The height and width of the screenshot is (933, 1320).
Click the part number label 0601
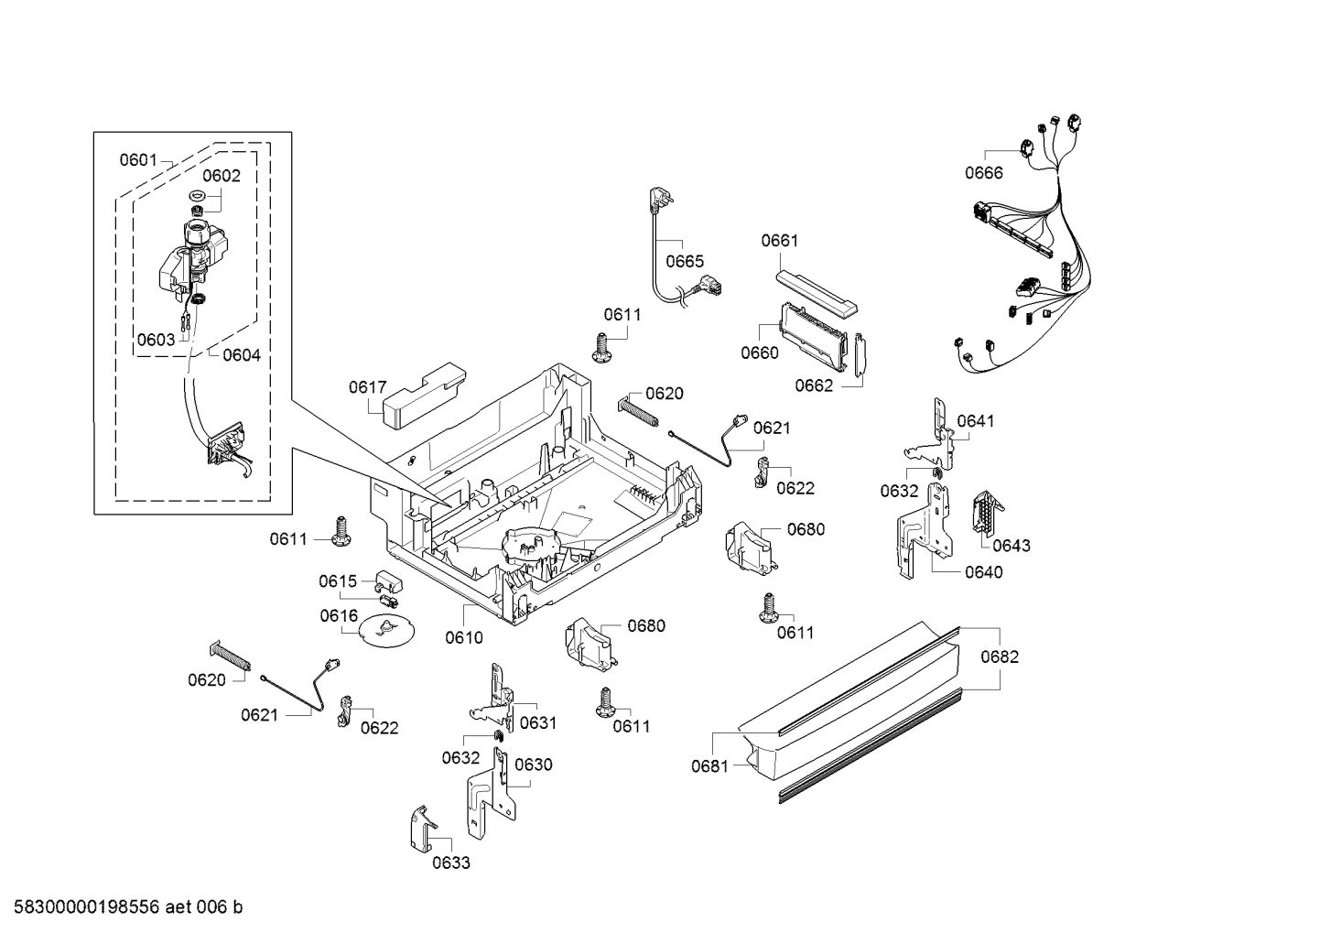138,160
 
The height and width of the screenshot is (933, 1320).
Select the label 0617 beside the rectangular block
367,387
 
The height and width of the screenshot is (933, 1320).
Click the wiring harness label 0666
983,173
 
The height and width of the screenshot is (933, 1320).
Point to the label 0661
779,241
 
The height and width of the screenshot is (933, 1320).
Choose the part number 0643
1011,546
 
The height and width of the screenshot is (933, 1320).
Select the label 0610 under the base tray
463,637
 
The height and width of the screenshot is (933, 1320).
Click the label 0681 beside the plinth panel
709,765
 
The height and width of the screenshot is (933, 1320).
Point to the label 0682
999,656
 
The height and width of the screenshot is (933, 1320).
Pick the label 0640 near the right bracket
983,572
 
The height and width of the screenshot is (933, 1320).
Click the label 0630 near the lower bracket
533,765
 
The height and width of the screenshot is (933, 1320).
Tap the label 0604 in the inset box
241,355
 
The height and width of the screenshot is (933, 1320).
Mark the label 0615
337,581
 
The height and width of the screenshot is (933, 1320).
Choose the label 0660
759,353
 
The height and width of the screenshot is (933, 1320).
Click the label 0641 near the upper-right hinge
975,421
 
